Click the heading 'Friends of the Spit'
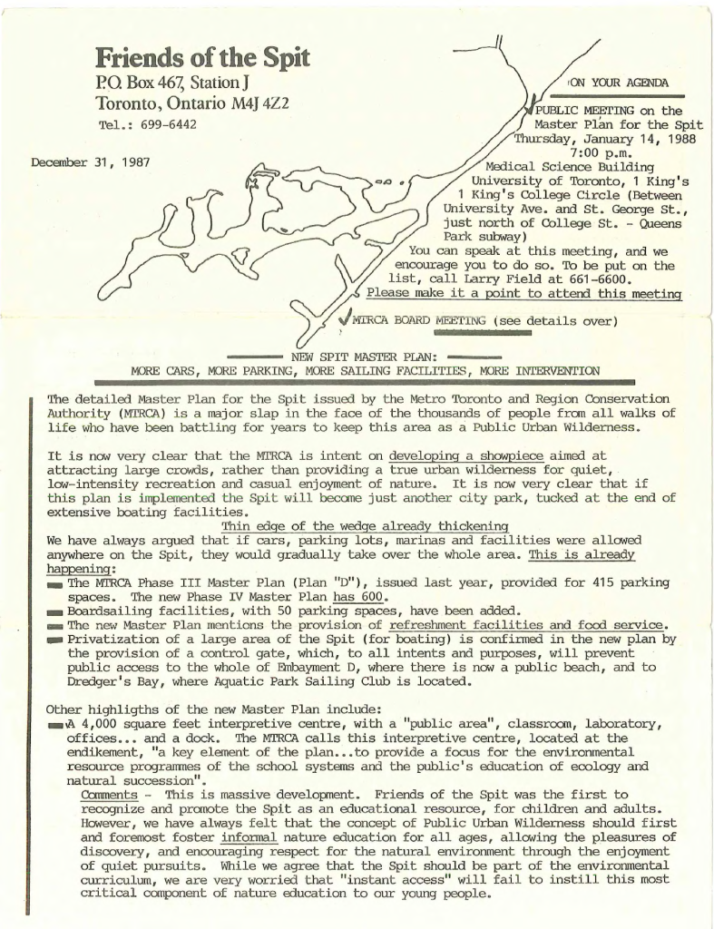202,59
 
